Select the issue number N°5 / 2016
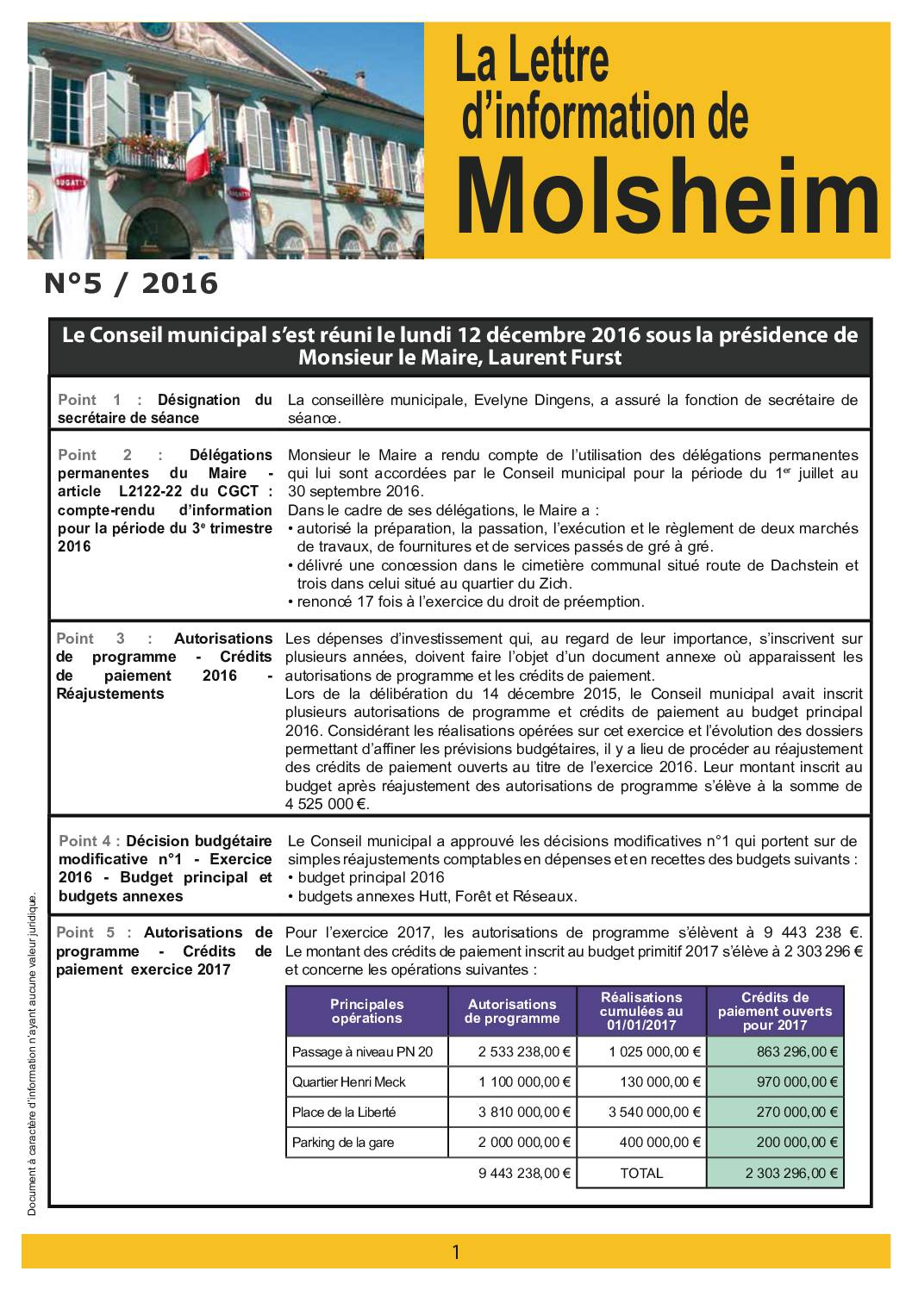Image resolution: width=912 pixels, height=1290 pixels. pyautogui.click(x=131, y=283)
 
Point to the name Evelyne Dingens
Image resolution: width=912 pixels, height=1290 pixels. pyautogui.click(x=509, y=400)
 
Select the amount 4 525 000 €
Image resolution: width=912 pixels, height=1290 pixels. pyautogui.click(x=327, y=804)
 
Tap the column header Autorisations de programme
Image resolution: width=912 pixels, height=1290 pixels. pyautogui.click(x=512, y=1011)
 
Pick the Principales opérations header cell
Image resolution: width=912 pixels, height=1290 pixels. pyautogui.click(x=366, y=1011)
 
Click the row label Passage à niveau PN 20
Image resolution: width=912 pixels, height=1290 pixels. pyautogui.click(x=369, y=1051)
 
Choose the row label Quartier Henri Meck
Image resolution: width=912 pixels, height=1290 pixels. pyautogui.click(x=349, y=1081)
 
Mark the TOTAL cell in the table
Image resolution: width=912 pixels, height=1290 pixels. pyautogui.click(x=641, y=1173)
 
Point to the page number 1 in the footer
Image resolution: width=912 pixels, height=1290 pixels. pyautogui.click(x=456, y=1251)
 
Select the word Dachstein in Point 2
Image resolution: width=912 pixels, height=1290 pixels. pyautogui.click(x=778, y=565)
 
